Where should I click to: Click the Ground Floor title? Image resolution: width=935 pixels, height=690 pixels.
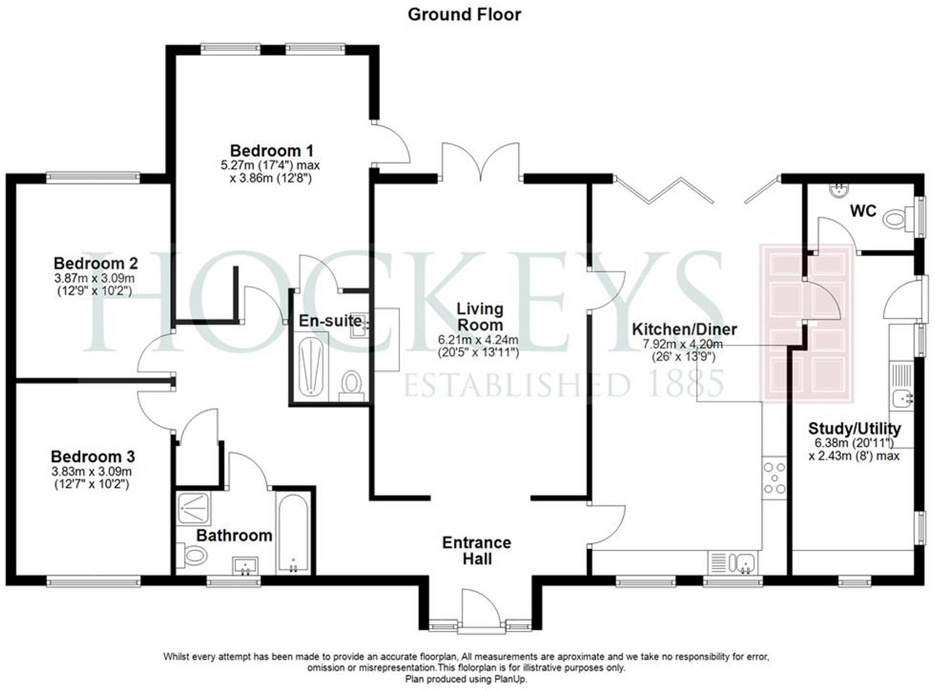click(464, 15)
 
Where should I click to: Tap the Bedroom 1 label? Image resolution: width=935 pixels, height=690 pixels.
click(271, 151)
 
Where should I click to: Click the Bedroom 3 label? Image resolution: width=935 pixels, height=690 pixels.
click(93, 456)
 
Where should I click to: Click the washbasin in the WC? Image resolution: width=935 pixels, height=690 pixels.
click(840, 190)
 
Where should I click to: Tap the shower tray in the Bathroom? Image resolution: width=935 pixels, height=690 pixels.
click(194, 508)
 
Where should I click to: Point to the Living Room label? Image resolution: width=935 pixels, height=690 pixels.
click(479, 317)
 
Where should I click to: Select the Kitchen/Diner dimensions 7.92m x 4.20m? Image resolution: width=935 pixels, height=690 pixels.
click(683, 344)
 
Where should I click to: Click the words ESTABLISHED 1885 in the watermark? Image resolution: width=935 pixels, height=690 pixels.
click(564, 384)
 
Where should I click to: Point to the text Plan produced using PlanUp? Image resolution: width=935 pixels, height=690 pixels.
click(466, 679)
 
